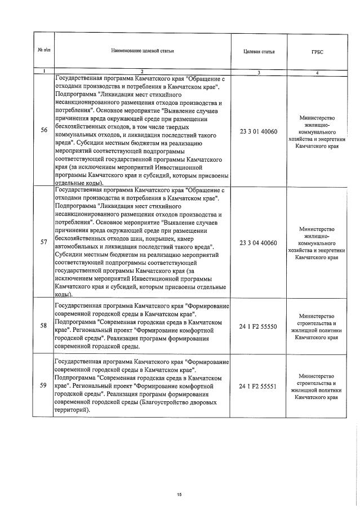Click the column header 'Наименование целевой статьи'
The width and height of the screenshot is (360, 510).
pyautogui.click(x=142, y=51)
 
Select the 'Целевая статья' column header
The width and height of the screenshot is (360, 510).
pyautogui.click(x=259, y=51)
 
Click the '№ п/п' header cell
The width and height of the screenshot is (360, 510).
pyautogui.click(x=43, y=51)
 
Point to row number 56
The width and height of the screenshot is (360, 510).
pyautogui.click(x=44, y=131)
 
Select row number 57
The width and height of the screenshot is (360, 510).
pyautogui.click(x=44, y=242)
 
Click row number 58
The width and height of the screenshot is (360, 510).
pyautogui.click(x=44, y=326)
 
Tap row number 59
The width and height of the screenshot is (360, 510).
pyautogui.click(x=44, y=386)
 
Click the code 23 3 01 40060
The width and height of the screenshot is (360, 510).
pyautogui.click(x=259, y=131)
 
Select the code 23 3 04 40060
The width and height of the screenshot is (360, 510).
pyautogui.click(x=259, y=242)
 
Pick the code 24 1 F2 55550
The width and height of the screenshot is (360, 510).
pyautogui.click(x=259, y=326)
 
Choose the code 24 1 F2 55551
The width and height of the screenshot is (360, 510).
pyautogui.click(x=259, y=386)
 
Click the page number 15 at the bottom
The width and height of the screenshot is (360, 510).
pyautogui.click(x=179, y=494)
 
